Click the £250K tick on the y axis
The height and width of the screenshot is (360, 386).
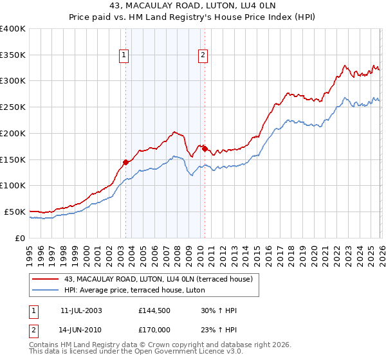click(x=13, y=107)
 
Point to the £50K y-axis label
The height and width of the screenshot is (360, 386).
click(x=15, y=212)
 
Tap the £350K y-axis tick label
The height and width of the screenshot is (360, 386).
click(x=13, y=55)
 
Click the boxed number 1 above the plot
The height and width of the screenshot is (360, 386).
click(x=124, y=56)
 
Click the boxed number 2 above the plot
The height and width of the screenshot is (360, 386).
click(x=203, y=56)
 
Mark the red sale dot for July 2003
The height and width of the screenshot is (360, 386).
click(x=126, y=162)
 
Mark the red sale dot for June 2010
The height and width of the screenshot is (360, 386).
click(x=205, y=148)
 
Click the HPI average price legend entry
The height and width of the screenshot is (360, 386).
click(x=134, y=291)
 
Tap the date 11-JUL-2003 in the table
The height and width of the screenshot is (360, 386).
click(x=81, y=310)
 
